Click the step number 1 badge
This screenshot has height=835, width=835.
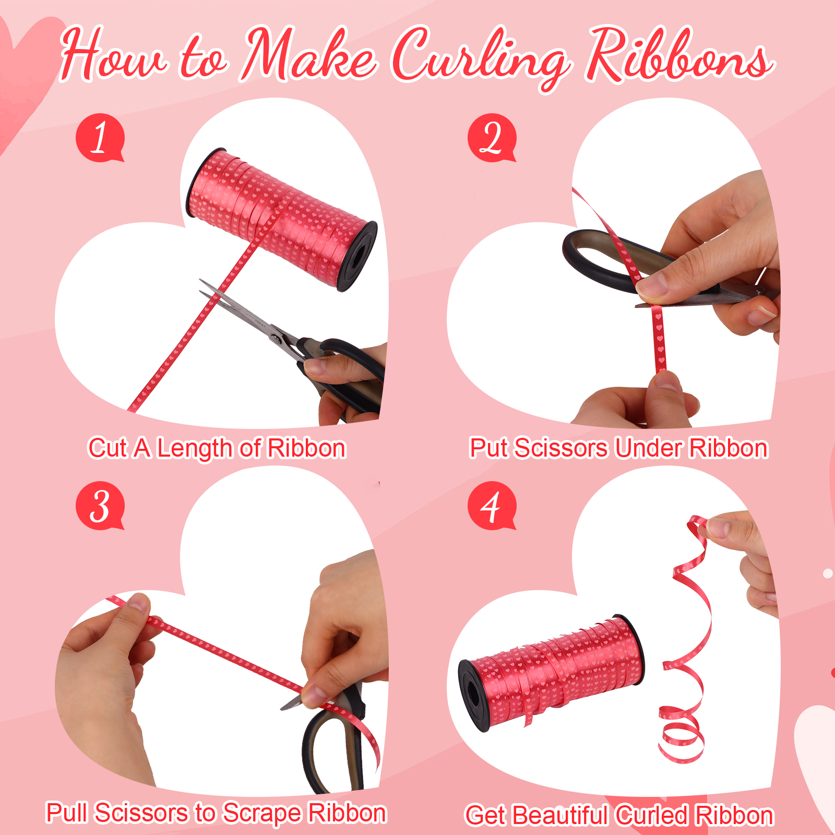point(100,138)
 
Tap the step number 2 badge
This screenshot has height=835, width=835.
point(492,138)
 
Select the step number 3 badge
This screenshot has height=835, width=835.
point(100,506)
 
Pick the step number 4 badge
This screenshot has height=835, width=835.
point(492,506)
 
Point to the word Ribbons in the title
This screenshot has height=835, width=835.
point(678,55)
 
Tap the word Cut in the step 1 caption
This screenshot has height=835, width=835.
point(108,448)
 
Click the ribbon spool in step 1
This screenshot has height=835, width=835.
point(282,219)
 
